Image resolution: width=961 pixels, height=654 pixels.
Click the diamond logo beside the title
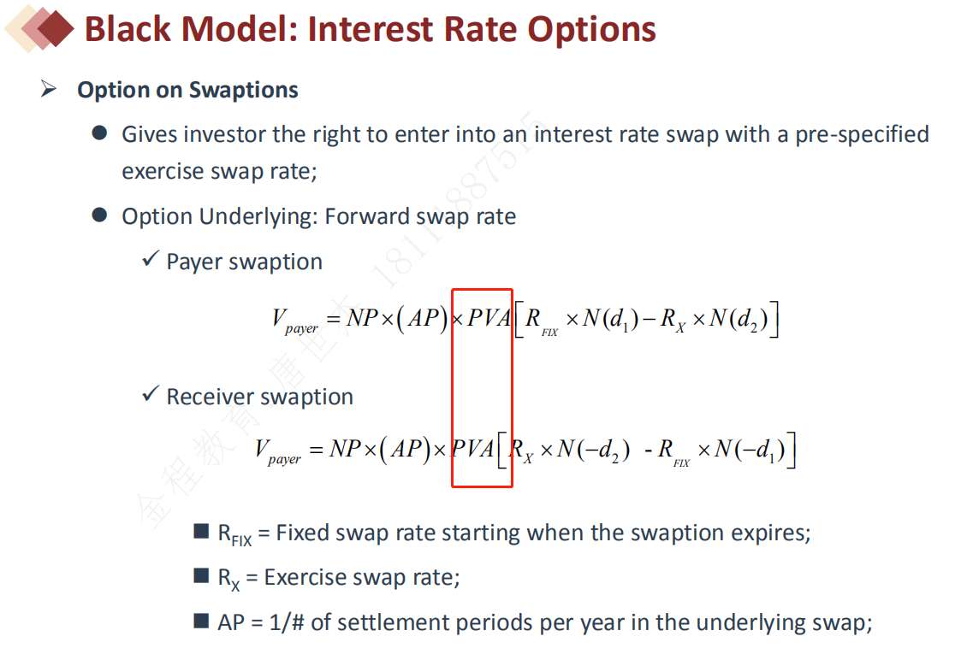click(39, 28)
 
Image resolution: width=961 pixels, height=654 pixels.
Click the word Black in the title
click(128, 29)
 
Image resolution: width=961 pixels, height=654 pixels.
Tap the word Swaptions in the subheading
click(243, 90)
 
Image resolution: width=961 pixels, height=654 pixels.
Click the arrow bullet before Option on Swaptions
click(49, 89)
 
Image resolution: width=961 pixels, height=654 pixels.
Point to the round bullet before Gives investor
click(99, 133)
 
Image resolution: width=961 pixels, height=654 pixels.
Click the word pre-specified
click(862, 135)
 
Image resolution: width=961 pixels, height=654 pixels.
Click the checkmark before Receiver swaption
click(151, 393)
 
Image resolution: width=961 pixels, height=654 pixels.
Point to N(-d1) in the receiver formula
click(750, 450)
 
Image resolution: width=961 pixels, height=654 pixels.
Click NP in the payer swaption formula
click(363, 318)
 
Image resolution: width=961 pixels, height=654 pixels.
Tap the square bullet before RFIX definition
click(201, 530)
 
